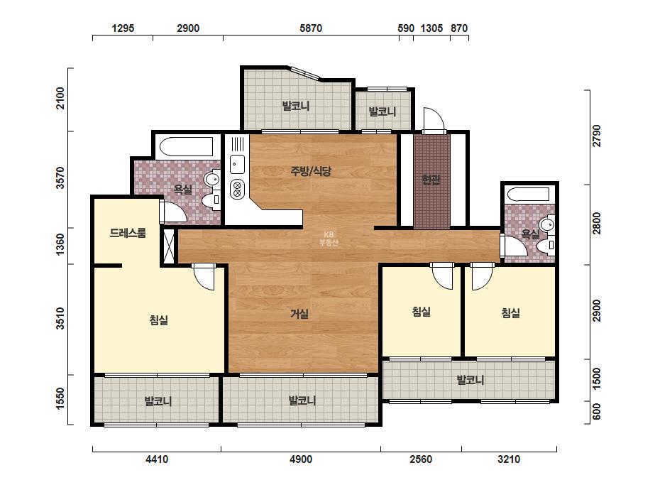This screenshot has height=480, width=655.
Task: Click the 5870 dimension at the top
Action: pos(311,28)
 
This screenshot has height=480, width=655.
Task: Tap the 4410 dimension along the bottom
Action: pos(157,459)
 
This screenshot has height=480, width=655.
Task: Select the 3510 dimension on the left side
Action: pos(60,318)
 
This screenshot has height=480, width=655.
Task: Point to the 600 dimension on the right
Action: pos(597,411)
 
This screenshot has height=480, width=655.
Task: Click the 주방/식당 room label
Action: pos(311,171)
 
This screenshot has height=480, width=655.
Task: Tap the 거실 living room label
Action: pos(299,314)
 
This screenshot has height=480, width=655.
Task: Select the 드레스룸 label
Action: pos(128,232)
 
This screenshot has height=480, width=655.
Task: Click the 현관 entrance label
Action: pos(431,180)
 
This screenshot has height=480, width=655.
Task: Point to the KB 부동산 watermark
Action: pos(328,239)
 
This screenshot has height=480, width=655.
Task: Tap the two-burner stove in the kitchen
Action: pos(237,189)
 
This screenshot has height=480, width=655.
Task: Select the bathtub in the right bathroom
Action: pos(529,195)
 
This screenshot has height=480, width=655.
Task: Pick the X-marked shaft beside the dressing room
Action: pos(168,246)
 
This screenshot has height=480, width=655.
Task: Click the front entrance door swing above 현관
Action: pos(434,120)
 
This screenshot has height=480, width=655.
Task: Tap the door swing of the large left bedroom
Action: pos(204,277)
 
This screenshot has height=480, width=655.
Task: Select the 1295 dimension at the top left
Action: pos(123,28)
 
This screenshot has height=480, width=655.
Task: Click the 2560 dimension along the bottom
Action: pos(421,459)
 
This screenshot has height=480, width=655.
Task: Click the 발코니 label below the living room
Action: pos(302,400)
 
